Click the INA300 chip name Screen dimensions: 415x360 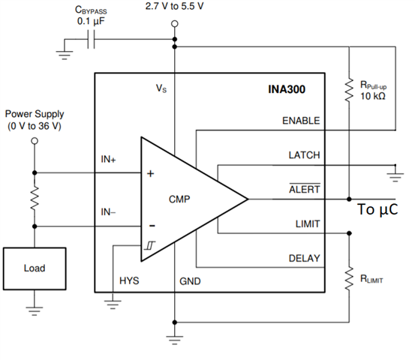click(x=287, y=89)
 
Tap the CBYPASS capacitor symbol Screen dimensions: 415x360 click(x=91, y=40)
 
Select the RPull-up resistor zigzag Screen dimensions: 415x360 click(x=349, y=89)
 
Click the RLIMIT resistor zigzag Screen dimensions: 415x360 click(x=349, y=278)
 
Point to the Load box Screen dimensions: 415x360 click(x=35, y=268)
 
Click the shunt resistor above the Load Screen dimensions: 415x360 click(x=35, y=198)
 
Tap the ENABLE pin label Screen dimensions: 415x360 click(x=301, y=121)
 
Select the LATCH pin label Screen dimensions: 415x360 click(x=304, y=155)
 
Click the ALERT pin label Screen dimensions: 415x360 click(x=305, y=189)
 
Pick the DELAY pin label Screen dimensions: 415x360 click(x=305, y=258)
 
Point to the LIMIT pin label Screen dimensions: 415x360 click(x=308, y=224)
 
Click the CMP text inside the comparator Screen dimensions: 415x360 click(x=179, y=199)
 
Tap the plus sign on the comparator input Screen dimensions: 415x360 click(x=150, y=173)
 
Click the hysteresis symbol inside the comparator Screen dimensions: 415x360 click(x=150, y=245)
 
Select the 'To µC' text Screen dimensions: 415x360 click(x=377, y=209)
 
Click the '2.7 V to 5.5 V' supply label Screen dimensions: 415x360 click(x=174, y=6)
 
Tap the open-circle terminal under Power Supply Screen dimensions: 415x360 click(x=35, y=141)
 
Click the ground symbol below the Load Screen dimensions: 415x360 click(x=35, y=311)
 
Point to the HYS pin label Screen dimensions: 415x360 click(x=129, y=280)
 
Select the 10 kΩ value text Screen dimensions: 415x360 click(x=373, y=96)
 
